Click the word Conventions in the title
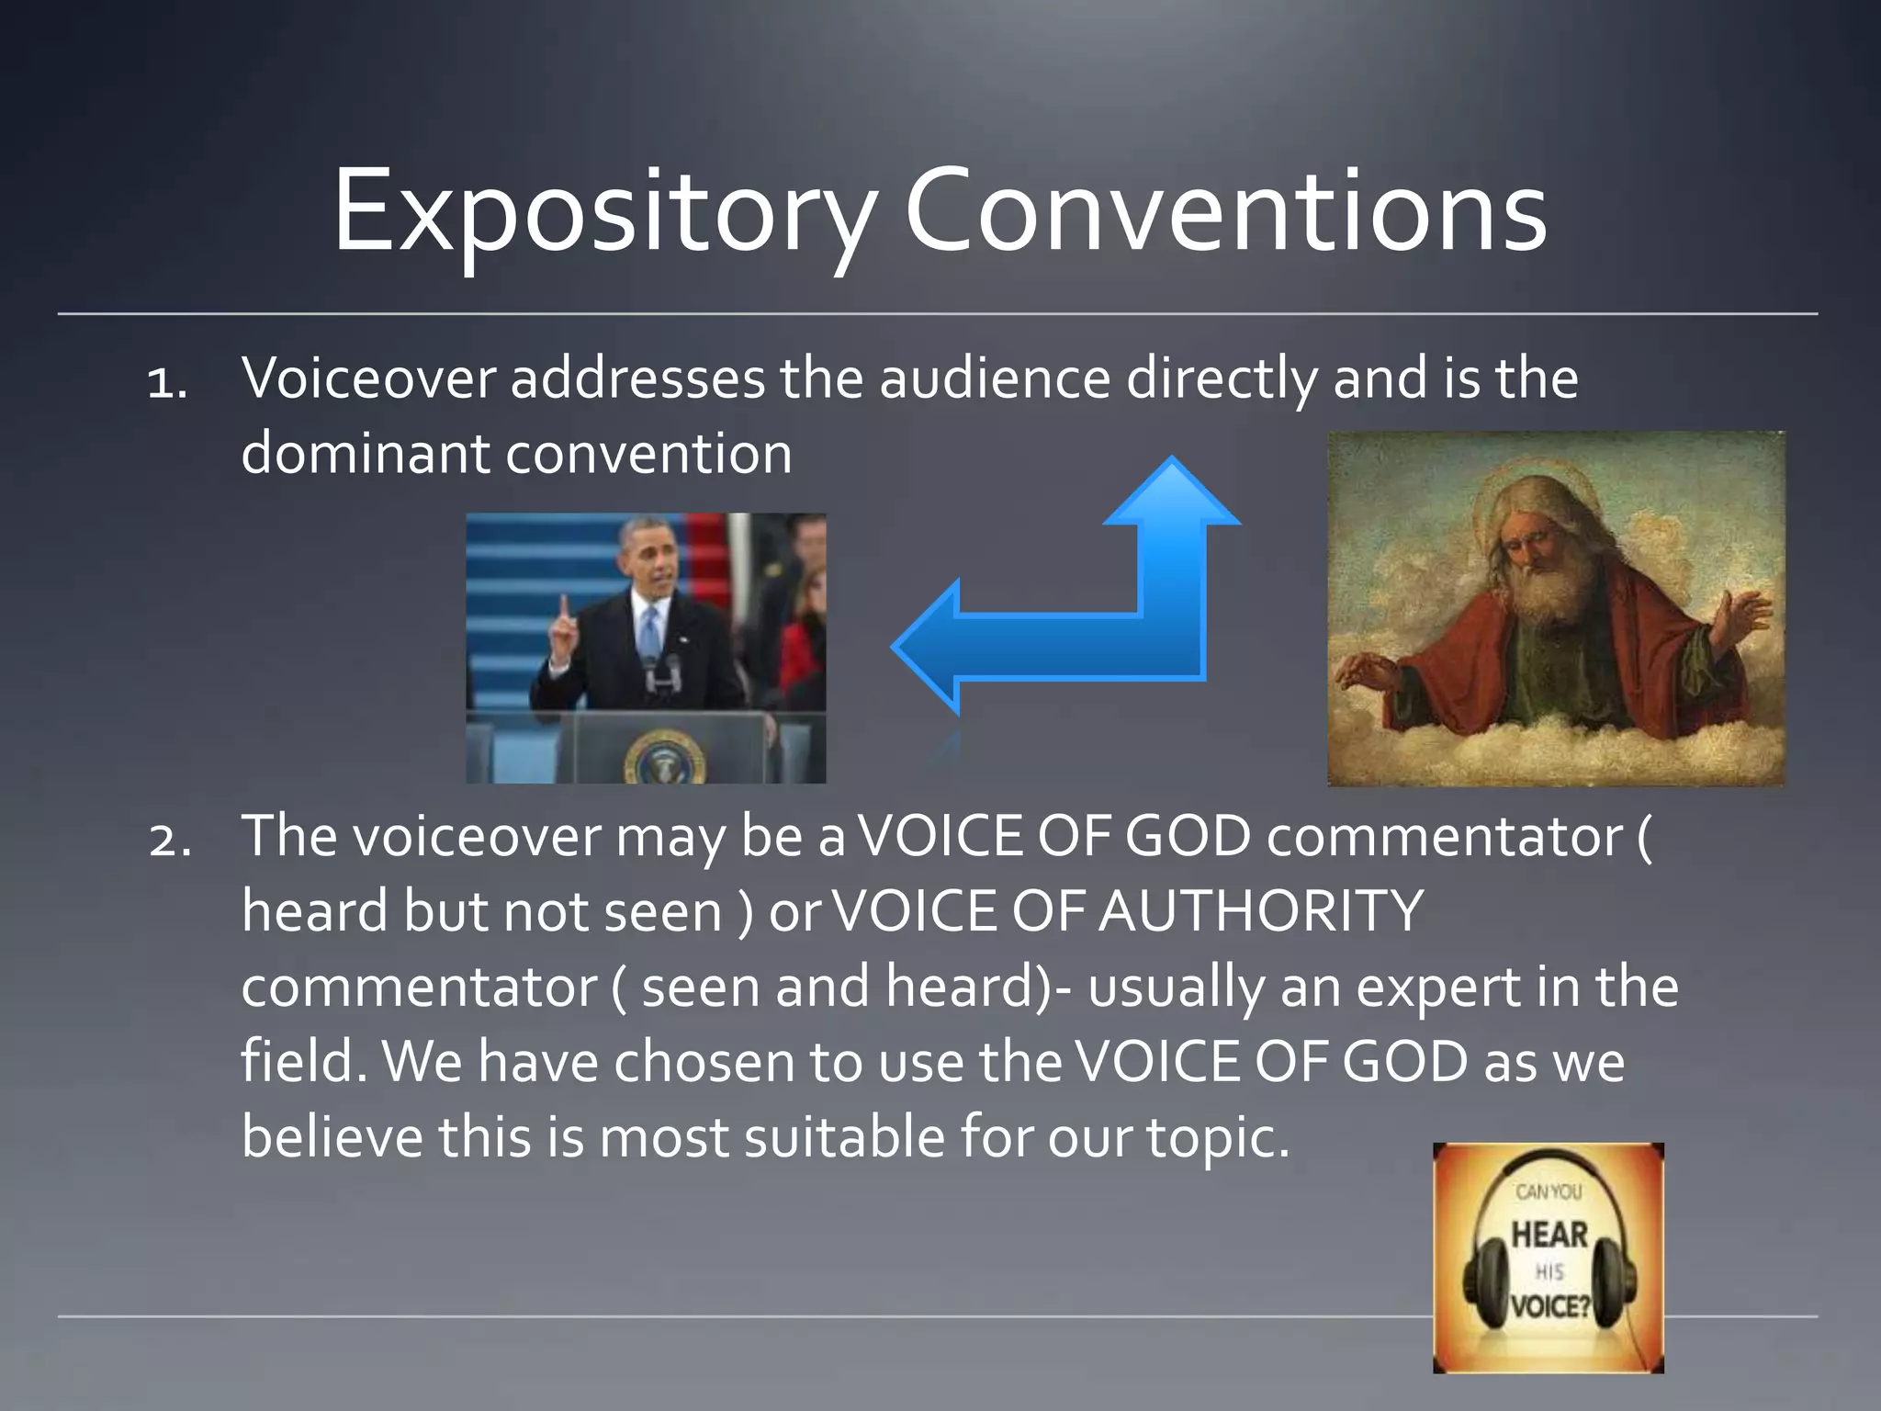click(x=1225, y=213)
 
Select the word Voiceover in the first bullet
click(x=368, y=378)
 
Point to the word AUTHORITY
click(x=1262, y=911)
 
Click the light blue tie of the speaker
click(x=650, y=629)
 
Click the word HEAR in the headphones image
click(x=1549, y=1235)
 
